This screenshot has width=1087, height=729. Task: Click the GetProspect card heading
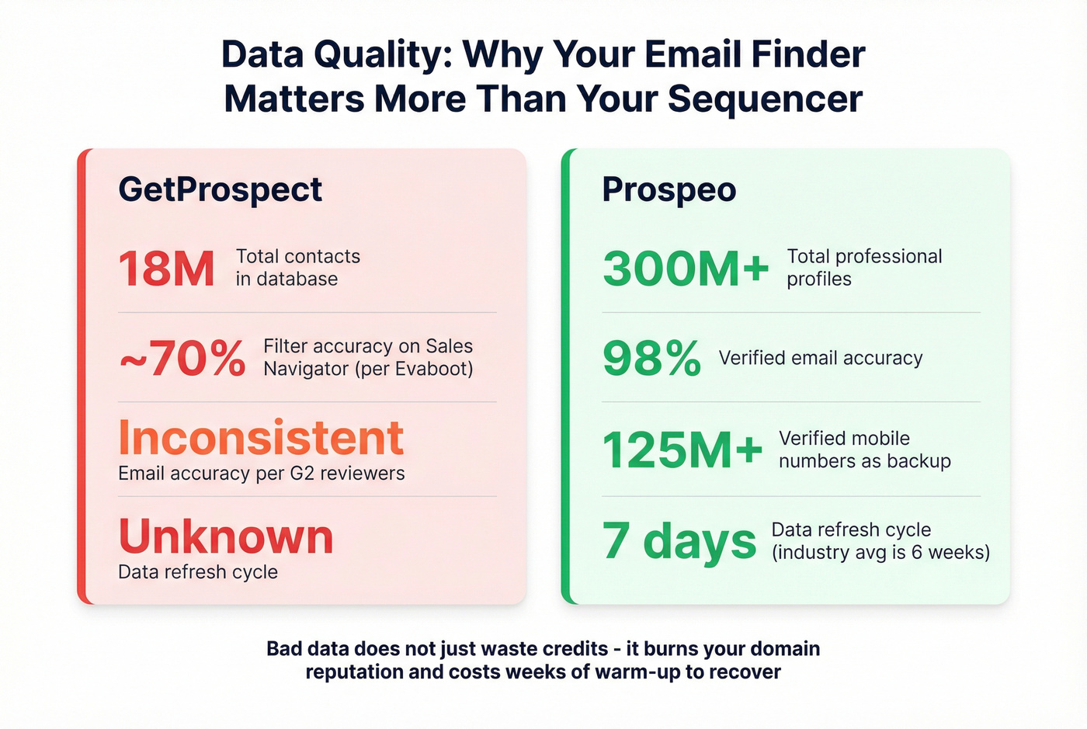point(220,190)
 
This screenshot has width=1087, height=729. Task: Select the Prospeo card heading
point(669,190)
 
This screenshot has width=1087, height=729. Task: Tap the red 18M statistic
point(166,269)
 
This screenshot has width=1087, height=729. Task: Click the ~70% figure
point(182,359)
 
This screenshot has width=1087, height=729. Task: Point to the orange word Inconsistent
point(261,438)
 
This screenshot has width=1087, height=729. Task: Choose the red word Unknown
point(226,536)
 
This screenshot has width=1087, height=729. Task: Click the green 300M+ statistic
point(685,269)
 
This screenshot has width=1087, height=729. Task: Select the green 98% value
point(651,359)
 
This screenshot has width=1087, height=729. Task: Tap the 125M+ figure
point(682,450)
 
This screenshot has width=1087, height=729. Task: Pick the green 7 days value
point(679,541)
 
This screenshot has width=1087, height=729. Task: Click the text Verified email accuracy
point(821,358)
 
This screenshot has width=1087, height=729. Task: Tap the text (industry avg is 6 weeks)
point(880,553)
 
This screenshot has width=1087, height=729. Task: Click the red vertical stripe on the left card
point(82,377)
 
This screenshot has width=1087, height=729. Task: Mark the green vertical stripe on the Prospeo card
point(566,377)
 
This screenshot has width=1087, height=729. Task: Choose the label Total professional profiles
point(863,268)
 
